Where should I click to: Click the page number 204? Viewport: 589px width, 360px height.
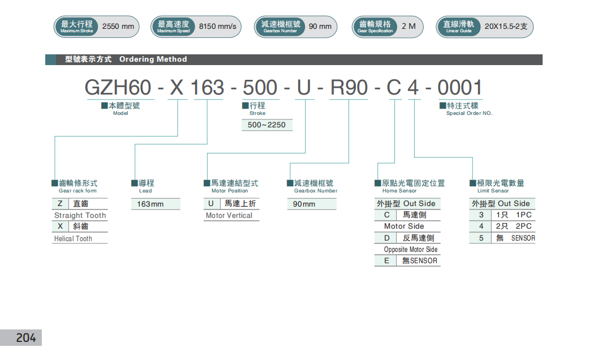25,338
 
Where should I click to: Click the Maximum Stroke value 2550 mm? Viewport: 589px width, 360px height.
118,27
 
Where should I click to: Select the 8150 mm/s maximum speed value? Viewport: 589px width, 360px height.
217,27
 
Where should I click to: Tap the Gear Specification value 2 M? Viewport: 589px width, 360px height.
408,27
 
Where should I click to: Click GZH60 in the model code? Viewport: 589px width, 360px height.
118,88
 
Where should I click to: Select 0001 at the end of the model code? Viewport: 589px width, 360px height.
460,88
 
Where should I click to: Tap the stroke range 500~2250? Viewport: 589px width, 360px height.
267,125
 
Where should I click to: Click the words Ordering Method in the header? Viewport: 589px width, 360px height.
153,59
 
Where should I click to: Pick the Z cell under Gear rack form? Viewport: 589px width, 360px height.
60,203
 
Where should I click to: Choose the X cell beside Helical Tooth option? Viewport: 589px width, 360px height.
60,226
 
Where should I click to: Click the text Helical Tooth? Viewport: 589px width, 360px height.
73,239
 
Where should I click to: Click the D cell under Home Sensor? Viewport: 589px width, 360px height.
387,238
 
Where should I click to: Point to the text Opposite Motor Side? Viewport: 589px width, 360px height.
410,250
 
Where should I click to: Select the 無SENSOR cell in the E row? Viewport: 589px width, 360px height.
419,261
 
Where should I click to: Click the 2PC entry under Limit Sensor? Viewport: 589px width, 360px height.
523,226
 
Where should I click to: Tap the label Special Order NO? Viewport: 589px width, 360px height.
469,113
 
